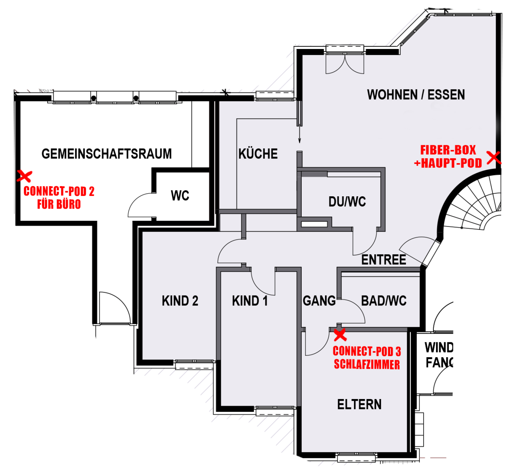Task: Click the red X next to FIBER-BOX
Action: (x=493, y=157)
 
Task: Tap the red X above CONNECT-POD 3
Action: (x=340, y=334)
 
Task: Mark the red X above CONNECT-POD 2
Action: (x=25, y=176)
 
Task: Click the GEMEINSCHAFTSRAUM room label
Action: (x=107, y=154)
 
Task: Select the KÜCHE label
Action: (x=258, y=153)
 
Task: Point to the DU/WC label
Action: (x=347, y=202)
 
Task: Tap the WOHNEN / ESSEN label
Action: (x=415, y=95)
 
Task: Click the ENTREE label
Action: (x=383, y=260)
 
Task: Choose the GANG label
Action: (x=319, y=300)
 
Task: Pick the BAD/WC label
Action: (x=384, y=300)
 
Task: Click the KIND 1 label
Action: (x=250, y=300)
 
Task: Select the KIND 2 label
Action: (x=180, y=300)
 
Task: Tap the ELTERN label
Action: (x=359, y=404)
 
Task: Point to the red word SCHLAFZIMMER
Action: (x=367, y=364)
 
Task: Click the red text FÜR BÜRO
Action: (x=59, y=204)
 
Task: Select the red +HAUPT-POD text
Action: (x=448, y=163)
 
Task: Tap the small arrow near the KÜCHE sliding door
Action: (x=299, y=134)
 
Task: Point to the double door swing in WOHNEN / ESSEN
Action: (x=345, y=64)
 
